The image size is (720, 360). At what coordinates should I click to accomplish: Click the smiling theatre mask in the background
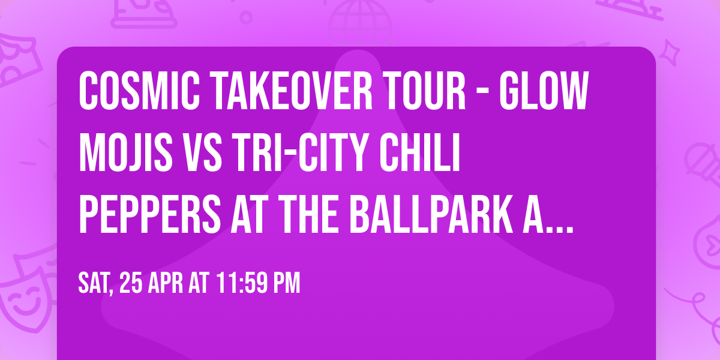tap(24, 299)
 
